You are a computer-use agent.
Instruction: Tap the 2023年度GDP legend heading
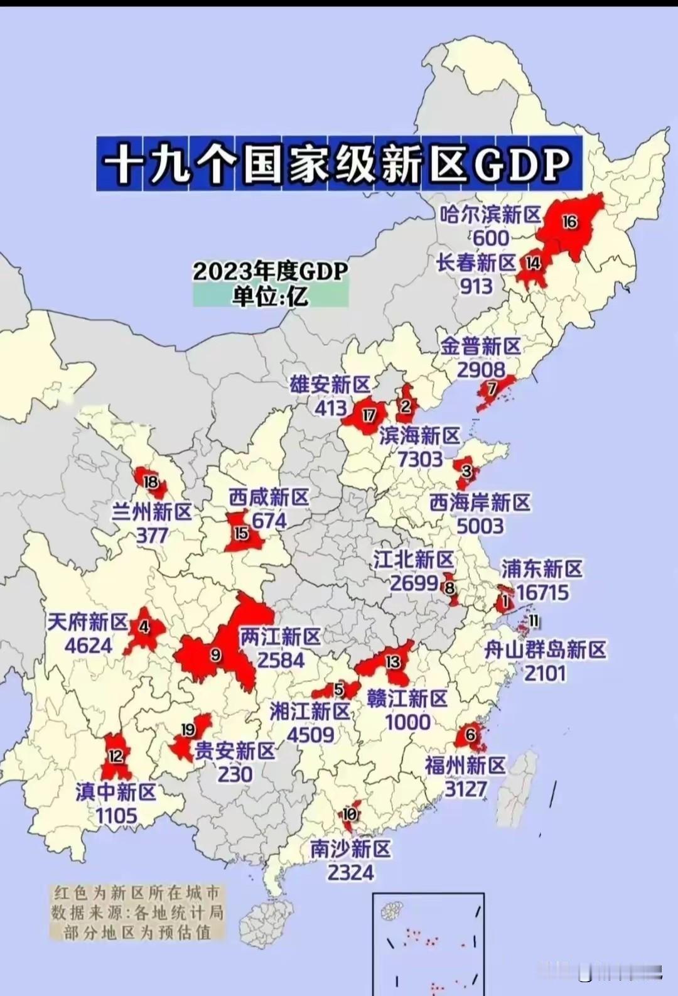click(270, 271)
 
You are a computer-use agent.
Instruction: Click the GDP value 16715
click(542, 592)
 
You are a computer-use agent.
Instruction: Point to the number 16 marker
click(569, 222)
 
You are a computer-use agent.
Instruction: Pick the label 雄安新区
click(330, 384)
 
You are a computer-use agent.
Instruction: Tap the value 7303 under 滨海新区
click(420, 459)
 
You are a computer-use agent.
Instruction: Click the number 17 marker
click(369, 415)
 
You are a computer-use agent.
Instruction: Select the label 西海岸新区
click(480, 502)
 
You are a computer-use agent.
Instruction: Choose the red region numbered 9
click(215, 656)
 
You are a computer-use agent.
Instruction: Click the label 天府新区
click(88, 622)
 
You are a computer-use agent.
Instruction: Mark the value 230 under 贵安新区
click(235, 774)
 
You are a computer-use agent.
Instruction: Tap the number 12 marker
click(116, 755)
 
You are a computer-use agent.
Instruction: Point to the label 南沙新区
click(350, 849)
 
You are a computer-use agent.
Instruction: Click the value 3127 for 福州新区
click(466, 789)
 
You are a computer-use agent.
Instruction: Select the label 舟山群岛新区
click(545, 650)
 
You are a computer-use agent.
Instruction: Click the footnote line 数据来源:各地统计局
click(137, 912)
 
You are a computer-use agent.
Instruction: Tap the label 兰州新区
click(152, 512)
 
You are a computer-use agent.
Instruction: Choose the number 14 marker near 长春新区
click(533, 263)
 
